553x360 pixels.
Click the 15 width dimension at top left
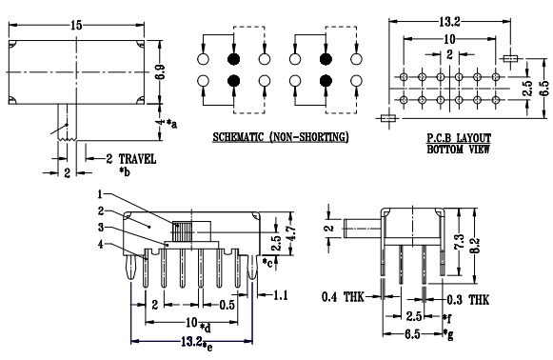(76, 25)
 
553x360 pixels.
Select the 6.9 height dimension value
(160, 72)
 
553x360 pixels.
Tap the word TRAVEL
(137, 159)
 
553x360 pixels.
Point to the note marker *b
(125, 171)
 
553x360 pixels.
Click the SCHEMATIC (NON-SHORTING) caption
(281, 137)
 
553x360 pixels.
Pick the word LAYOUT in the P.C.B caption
(473, 138)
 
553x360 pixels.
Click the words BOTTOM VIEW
(458, 150)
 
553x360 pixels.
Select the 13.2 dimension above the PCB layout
(449, 22)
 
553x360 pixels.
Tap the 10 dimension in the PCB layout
(449, 39)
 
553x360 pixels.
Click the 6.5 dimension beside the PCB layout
(544, 89)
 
